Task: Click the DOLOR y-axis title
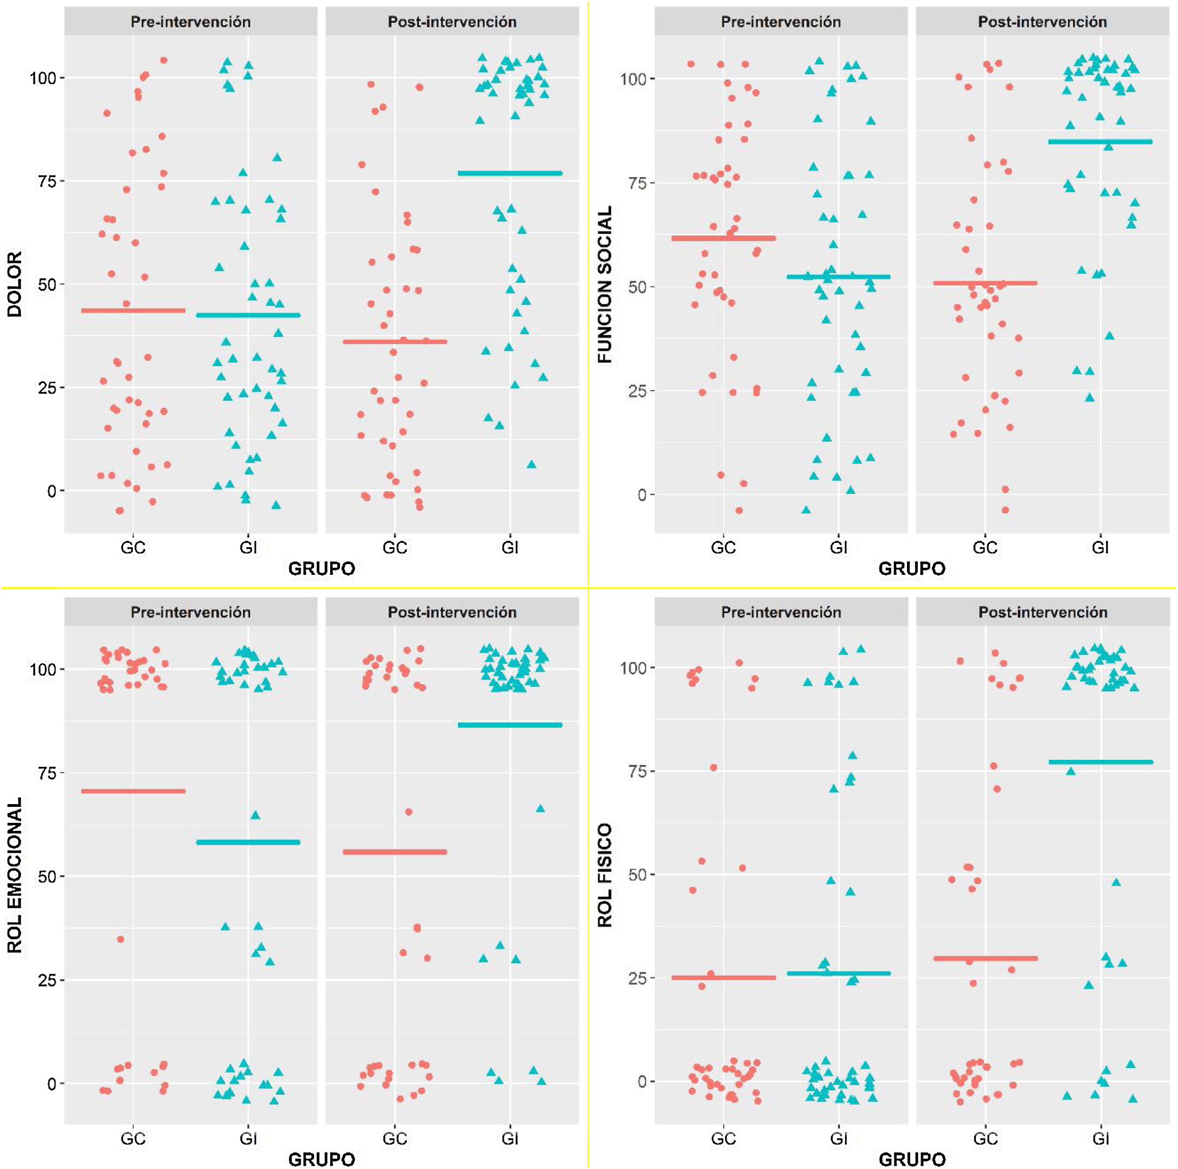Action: (15, 284)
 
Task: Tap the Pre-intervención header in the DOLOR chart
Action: (190, 22)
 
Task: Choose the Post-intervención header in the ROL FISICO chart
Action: (1043, 612)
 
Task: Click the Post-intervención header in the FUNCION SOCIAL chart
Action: (1043, 22)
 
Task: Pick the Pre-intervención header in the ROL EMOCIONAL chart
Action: (190, 612)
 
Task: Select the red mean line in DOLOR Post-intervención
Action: (395, 341)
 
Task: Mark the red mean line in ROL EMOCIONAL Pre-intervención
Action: (133, 791)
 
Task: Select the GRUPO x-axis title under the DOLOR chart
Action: (321, 569)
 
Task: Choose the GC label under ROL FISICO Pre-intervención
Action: (723, 1138)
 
